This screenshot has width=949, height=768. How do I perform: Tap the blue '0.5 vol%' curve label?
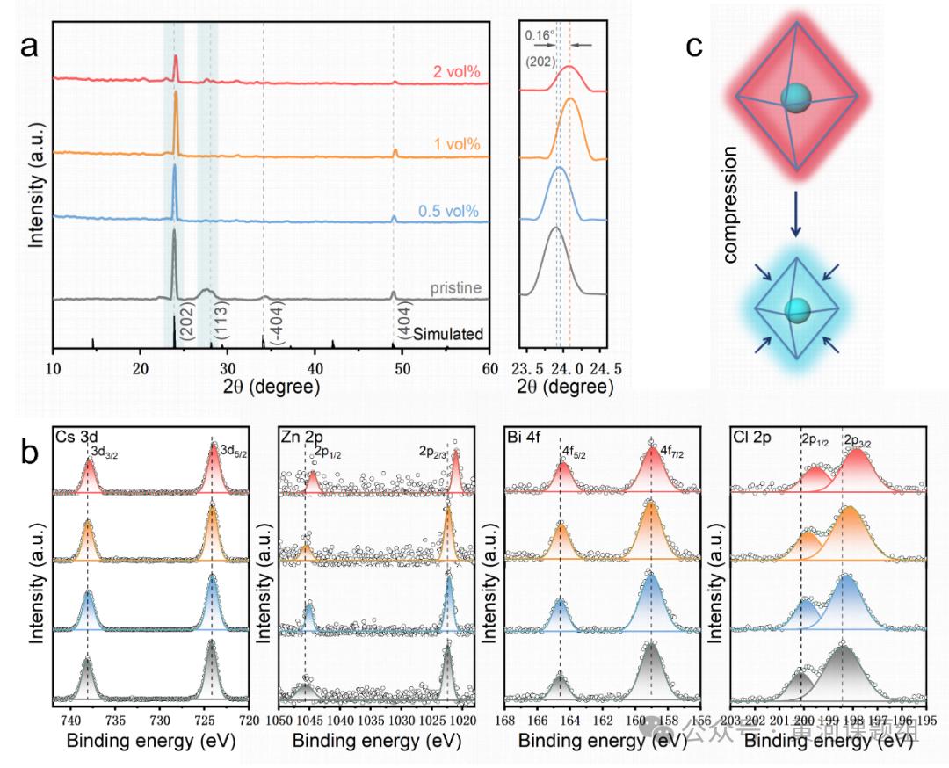pyautogui.click(x=448, y=212)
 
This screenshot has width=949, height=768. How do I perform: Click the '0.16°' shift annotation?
pyautogui.click(x=540, y=36)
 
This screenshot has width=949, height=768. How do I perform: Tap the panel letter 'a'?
pyautogui.click(x=30, y=45)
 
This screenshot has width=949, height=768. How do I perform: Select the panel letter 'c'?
pyautogui.click(x=693, y=45)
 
